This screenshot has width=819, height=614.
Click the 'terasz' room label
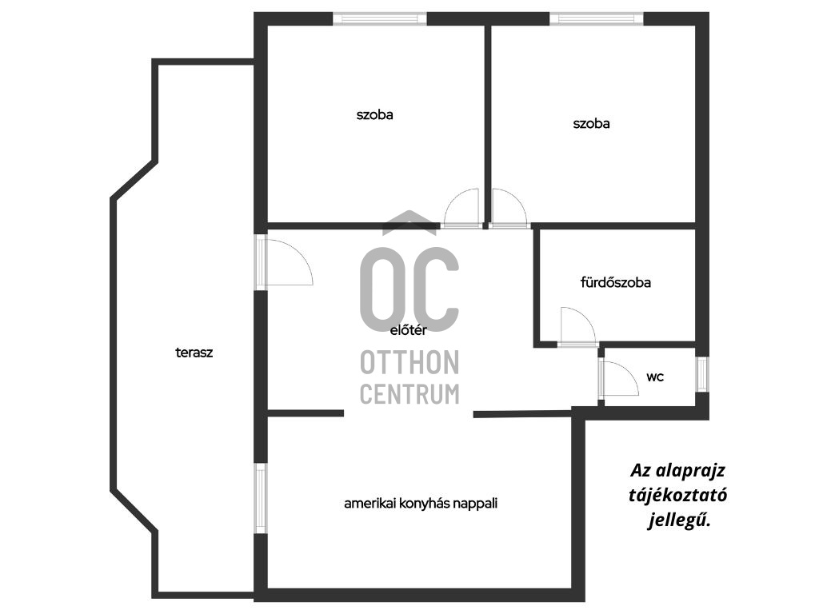(x=194, y=353)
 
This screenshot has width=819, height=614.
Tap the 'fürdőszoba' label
(x=615, y=282)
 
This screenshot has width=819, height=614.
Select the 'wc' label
(x=655, y=377)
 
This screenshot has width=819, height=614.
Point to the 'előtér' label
(x=409, y=330)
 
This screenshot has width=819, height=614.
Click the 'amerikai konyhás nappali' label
(x=421, y=504)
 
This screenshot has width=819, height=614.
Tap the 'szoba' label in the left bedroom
(x=374, y=114)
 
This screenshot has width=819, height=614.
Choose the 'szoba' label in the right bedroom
(x=591, y=123)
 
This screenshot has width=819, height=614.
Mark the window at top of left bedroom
(x=380, y=19)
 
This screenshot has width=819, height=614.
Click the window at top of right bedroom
(x=597, y=19)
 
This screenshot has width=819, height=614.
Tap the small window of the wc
(x=702, y=374)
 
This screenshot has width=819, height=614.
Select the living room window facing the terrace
(x=260, y=498)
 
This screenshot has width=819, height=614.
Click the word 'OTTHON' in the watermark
(x=409, y=362)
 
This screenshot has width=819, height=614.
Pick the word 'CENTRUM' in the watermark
(x=409, y=393)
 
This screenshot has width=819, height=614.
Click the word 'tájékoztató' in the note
(x=678, y=495)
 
